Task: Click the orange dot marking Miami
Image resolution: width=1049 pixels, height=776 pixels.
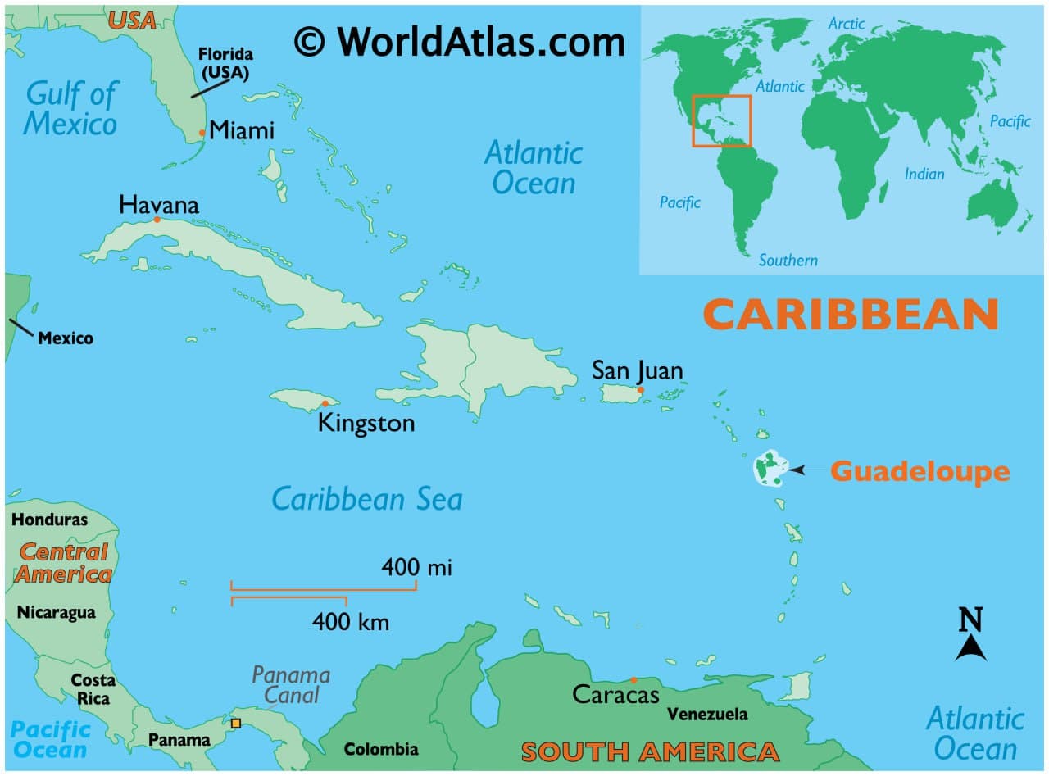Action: click(202, 133)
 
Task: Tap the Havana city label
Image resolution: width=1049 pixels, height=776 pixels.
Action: click(159, 204)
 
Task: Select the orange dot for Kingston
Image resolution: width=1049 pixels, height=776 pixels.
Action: click(325, 403)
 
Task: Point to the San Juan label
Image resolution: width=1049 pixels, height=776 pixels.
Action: click(637, 371)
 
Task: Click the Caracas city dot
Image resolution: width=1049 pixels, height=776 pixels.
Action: click(633, 679)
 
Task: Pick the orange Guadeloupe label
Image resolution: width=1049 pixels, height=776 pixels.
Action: click(920, 471)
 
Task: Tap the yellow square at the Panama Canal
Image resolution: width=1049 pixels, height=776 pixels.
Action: click(236, 724)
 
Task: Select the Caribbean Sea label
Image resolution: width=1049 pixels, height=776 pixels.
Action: click(366, 499)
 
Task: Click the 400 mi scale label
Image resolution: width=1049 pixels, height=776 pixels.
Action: click(416, 567)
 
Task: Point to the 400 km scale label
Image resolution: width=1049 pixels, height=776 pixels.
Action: click(350, 622)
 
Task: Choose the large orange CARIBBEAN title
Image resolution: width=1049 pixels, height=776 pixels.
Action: click(851, 314)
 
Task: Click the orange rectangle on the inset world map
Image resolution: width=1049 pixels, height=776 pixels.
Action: click(721, 121)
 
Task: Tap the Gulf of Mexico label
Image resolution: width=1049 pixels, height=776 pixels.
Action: click(71, 108)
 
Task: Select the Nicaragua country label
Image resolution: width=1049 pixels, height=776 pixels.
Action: click(56, 612)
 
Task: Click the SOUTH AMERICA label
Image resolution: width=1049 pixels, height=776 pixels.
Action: click(650, 751)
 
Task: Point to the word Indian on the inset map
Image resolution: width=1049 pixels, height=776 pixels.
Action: click(924, 174)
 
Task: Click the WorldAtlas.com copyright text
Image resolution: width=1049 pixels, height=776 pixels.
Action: click(459, 41)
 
